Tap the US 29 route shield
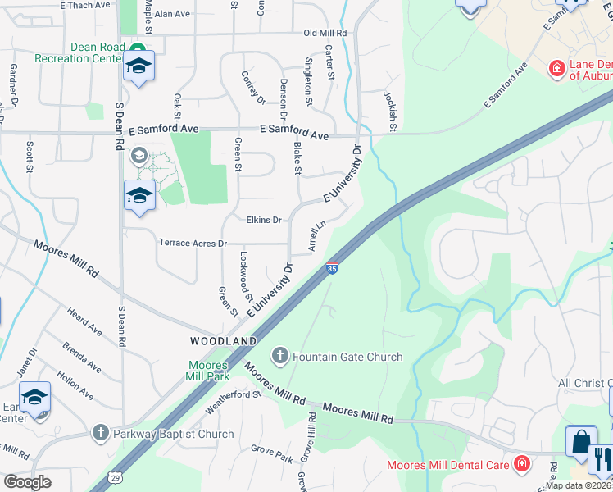[116, 476]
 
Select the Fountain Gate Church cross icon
[280, 357]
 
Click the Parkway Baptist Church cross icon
[100, 434]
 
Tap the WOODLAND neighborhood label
[224, 340]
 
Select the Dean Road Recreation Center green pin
[138, 48]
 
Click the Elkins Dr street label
[264, 220]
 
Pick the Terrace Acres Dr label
[193, 244]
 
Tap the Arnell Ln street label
[316, 235]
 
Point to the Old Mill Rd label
[325, 34]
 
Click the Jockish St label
[390, 111]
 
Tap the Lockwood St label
[245, 271]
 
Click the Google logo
[28, 482]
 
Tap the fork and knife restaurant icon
[601, 458]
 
